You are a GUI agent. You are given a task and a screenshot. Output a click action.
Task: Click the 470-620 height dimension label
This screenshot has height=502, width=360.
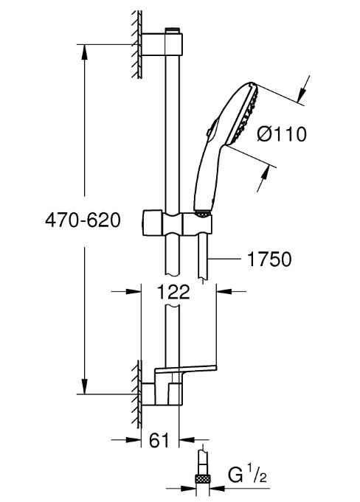click(x=83, y=220)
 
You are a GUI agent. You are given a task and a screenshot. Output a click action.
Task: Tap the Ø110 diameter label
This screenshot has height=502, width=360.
click(x=282, y=133)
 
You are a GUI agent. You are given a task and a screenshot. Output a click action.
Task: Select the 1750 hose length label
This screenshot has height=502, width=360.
click(x=269, y=259)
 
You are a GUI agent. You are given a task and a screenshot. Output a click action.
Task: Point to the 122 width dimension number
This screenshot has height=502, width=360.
click(x=173, y=291)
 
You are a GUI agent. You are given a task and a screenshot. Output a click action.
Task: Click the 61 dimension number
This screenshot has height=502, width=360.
click(x=159, y=440)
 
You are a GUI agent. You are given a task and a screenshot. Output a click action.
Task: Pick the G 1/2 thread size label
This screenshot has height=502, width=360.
click(x=247, y=475)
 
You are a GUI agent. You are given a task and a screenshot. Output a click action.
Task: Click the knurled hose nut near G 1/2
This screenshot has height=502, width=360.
click(x=202, y=480)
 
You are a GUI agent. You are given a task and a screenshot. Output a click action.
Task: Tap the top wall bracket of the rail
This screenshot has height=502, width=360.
click(x=162, y=44)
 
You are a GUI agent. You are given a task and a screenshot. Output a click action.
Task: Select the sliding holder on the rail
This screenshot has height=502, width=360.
click(x=177, y=223)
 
